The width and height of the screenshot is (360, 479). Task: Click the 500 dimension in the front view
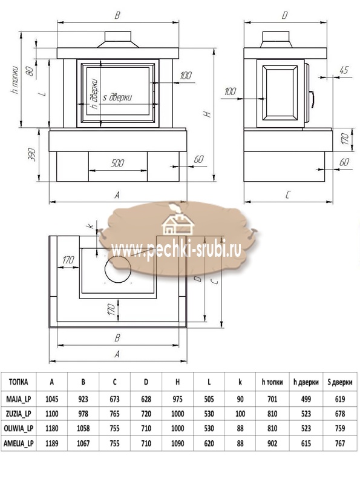coord(117,163)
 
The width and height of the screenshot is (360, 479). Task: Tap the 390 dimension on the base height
coord(33,155)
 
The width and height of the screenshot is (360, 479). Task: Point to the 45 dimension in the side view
coord(344,70)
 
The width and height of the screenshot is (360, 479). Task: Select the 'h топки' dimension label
coord(16,80)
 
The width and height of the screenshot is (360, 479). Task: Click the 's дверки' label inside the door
coord(117,97)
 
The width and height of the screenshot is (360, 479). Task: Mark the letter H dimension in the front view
coord(208,114)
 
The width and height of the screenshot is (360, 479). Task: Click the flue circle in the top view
coord(118,269)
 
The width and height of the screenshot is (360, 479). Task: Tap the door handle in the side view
coord(312,99)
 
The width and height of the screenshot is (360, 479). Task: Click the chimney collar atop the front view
coord(118,39)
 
